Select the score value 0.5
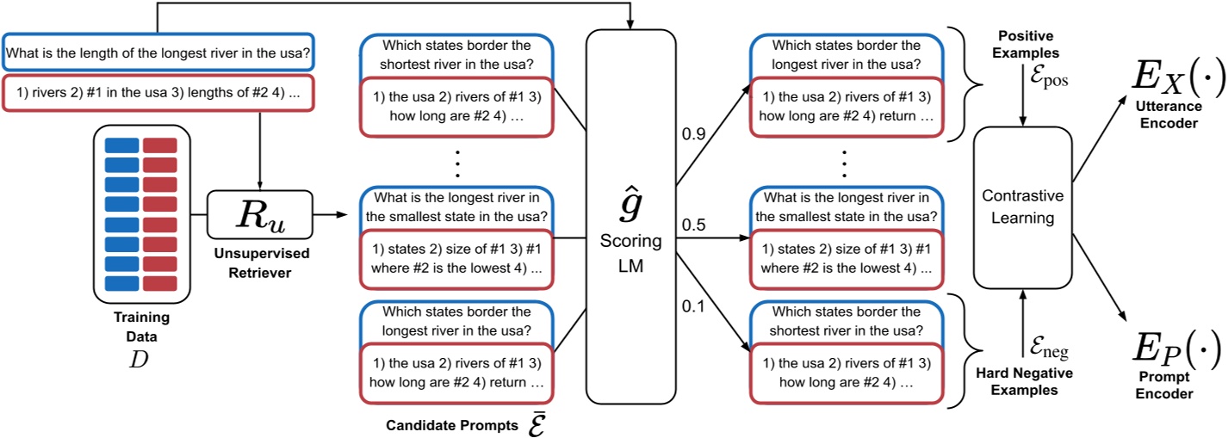[x=694, y=225]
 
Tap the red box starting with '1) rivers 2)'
[x=158, y=95]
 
